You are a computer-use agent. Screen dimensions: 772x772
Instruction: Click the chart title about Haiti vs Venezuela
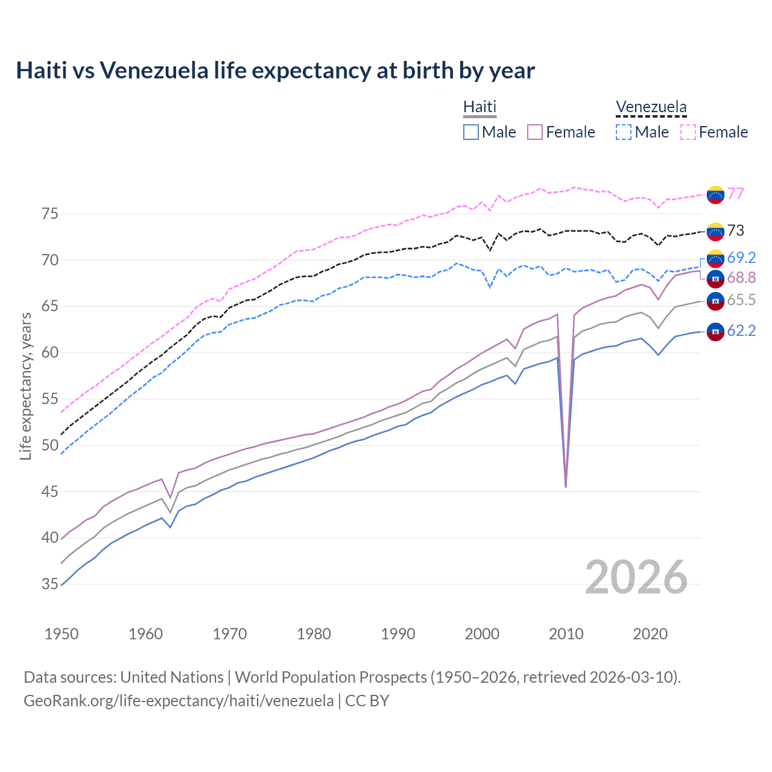(275, 71)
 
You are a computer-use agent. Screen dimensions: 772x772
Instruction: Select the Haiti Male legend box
(471, 132)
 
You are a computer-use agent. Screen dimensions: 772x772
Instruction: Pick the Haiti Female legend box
(535, 132)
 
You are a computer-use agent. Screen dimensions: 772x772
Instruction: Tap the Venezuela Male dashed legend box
(624, 132)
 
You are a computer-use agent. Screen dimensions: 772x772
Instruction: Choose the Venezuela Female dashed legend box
(688, 132)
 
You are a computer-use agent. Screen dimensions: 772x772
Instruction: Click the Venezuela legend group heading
(651, 107)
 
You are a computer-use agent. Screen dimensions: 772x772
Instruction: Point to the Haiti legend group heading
(479, 107)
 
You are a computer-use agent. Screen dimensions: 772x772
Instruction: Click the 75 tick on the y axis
(50, 214)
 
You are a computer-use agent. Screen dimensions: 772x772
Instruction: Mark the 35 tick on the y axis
(50, 584)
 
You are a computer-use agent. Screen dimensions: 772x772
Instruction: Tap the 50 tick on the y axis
(50, 445)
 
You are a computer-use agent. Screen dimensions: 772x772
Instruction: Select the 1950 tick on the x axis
(62, 634)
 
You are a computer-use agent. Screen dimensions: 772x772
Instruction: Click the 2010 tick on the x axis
(566, 634)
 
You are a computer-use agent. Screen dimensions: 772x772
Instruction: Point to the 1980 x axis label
(314, 634)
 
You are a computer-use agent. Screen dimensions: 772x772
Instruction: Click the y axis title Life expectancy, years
(25, 386)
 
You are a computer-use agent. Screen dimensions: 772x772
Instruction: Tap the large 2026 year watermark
(636, 577)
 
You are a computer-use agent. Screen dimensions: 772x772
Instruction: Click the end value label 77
(735, 194)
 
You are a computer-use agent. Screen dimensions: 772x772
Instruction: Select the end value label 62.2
(741, 331)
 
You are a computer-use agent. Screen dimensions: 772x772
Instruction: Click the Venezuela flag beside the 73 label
(715, 231)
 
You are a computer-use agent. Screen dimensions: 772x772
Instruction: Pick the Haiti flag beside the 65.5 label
(715, 300)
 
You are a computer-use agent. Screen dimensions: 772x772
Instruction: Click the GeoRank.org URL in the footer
(179, 701)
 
